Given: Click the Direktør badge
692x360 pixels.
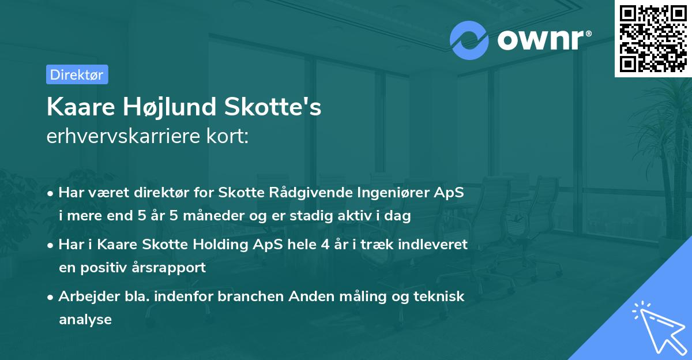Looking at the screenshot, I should pyautogui.click(x=77, y=74).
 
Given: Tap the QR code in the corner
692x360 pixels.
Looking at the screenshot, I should pyautogui.click(x=652, y=38).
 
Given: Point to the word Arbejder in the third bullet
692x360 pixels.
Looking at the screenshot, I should pyautogui.click(x=84, y=296).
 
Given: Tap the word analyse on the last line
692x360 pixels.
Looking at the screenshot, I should pyautogui.click(x=85, y=319).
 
